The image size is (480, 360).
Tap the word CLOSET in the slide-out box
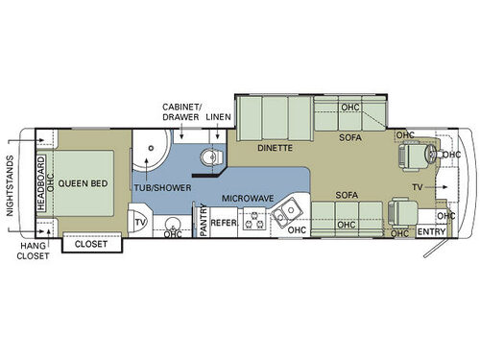[93, 245]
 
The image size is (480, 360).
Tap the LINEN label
[218, 116]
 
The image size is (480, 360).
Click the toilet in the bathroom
[210, 157]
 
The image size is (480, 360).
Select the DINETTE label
[274, 149]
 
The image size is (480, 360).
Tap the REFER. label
[224, 223]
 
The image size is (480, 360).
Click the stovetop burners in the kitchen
[254, 222]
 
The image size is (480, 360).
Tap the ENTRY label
[429, 232]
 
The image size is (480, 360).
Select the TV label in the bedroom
[140, 223]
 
